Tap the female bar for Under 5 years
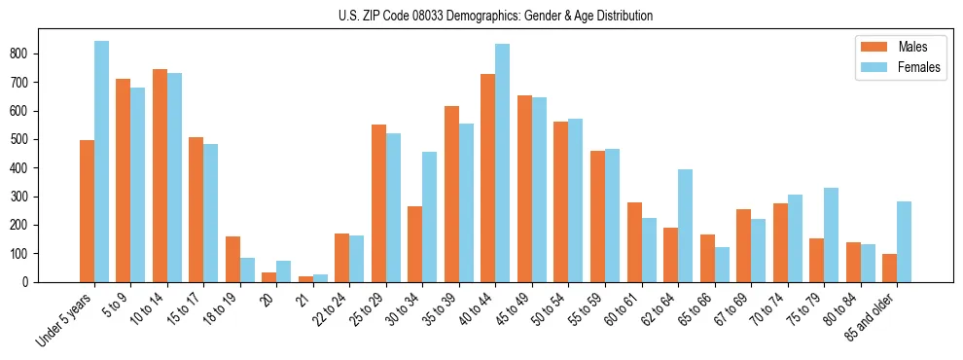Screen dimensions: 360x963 tap(101, 162)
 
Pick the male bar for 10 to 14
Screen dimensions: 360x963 tap(160, 175)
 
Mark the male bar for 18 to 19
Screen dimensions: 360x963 tap(232, 259)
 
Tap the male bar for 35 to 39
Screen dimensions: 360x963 tap(451, 194)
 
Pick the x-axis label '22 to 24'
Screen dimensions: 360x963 tap(330, 309)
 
